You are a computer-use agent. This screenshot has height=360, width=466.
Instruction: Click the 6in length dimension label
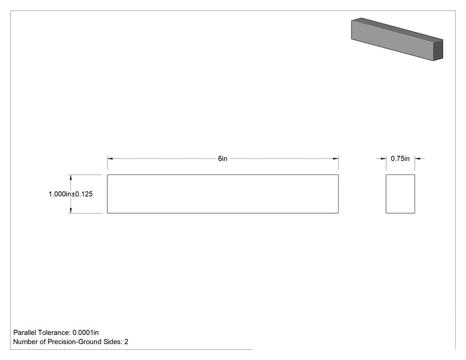tap(223, 158)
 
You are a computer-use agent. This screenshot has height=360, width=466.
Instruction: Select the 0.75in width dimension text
tap(400, 158)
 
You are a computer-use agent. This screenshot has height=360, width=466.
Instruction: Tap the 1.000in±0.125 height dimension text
tap(71, 194)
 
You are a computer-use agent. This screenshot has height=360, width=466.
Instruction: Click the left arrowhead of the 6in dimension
tap(110, 158)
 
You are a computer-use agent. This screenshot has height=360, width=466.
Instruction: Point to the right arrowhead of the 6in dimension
tap(336, 158)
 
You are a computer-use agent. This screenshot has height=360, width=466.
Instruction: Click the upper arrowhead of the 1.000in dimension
tap(71, 178)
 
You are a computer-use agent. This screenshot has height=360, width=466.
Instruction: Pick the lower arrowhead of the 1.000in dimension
tap(71, 210)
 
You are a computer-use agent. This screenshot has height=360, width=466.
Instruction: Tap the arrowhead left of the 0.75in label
tap(383, 158)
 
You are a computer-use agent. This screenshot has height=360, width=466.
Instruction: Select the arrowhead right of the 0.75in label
tap(418, 158)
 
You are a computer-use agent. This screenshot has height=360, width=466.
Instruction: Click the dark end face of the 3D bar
tap(438, 50)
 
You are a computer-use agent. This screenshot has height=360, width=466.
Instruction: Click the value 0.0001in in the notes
tap(86, 332)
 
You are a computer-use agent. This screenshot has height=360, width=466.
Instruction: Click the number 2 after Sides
tap(126, 342)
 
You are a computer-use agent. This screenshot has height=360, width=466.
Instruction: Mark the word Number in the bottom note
tap(26, 342)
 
